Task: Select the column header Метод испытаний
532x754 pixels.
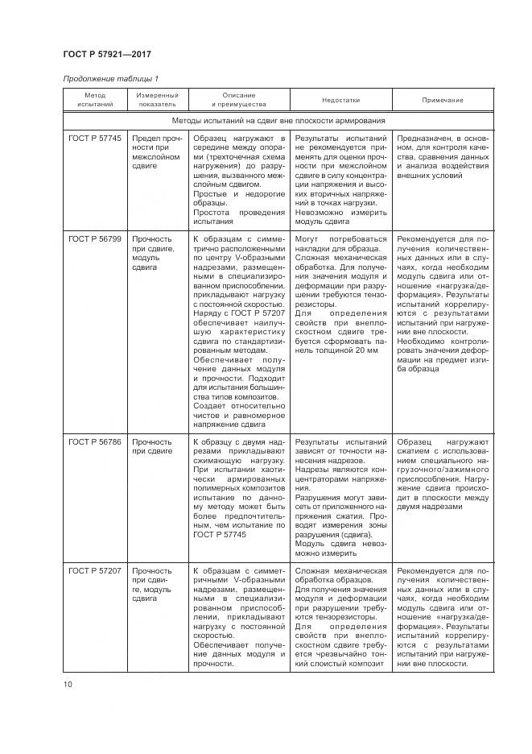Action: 95,100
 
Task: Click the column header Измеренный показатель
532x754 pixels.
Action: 156,100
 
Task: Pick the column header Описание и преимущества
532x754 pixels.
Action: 238,100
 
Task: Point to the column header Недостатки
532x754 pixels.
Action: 340,100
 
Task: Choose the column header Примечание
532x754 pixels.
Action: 443,100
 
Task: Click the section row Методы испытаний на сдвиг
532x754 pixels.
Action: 278,121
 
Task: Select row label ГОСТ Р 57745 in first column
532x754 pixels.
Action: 95,139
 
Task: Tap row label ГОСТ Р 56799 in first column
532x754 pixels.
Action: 95,239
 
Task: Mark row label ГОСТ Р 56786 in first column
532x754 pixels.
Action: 95,442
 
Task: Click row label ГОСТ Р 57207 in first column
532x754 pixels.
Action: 95,570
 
